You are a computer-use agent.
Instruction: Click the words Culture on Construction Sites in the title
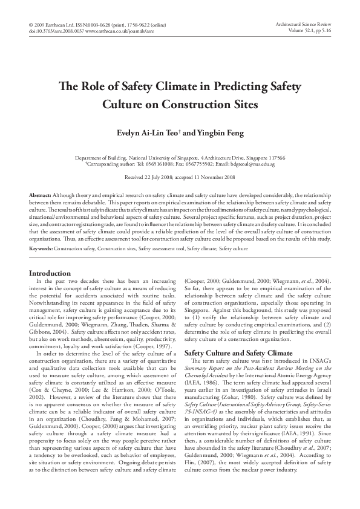pyautogui.click(x=180, y=105)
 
